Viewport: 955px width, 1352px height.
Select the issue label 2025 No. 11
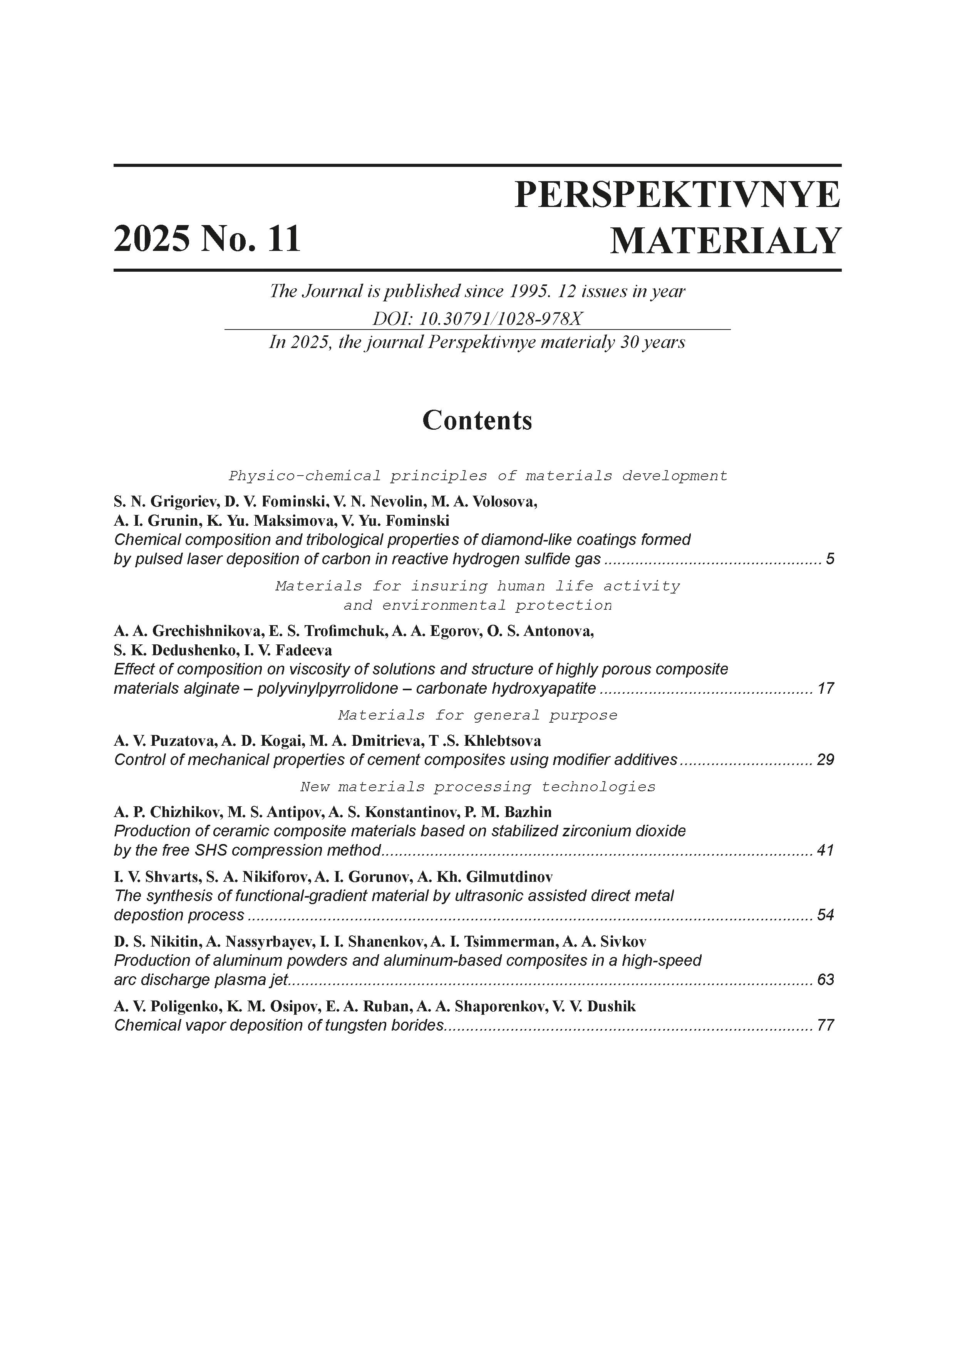(x=207, y=239)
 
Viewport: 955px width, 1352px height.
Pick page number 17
(x=826, y=688)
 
